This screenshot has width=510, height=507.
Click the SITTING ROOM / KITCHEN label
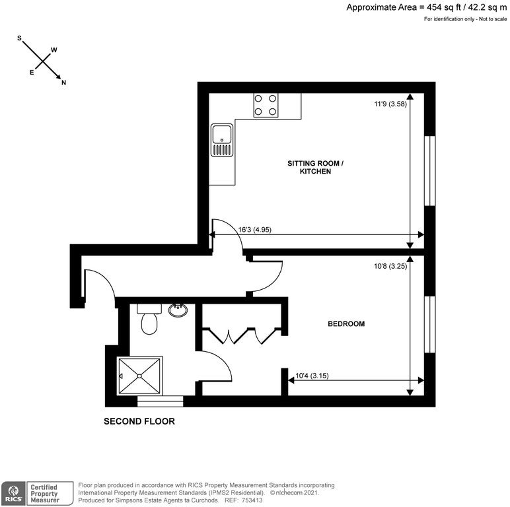(315, 168)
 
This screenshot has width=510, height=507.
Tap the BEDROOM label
(346, 323)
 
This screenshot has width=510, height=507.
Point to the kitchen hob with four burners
(266, 105)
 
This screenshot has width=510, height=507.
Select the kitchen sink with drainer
(222, 140)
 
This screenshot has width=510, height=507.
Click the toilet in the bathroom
(149, 319)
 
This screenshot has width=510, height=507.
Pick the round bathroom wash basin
(178, 310)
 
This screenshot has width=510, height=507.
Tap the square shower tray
(139, 376)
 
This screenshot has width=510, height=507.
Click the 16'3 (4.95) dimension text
(255, 230)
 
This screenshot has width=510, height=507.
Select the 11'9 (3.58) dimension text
(390, 104)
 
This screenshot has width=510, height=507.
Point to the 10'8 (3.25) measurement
(390, 266)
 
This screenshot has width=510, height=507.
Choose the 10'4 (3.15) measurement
(312, 376)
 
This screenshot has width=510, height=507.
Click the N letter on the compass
(63, 83)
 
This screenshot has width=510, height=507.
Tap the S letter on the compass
(19, 38)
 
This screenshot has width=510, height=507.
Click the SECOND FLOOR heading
(139, 421)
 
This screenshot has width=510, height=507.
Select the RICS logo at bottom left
(13, 493)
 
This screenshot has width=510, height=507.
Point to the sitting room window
(429, 170)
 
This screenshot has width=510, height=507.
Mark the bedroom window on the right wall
(429, 324)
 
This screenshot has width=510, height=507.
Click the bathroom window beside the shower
(160, 401)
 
